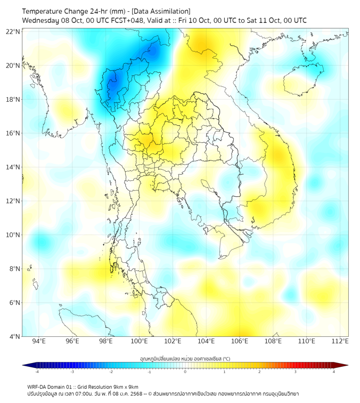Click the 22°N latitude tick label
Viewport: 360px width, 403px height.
[13, 32]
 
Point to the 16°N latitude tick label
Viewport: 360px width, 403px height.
[13, 133]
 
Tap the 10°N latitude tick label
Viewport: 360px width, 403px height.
[13, 235]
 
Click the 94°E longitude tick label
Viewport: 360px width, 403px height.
[39, 342]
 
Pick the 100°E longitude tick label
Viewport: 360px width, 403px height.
[139, 342]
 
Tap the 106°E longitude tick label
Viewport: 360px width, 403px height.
[240, 342]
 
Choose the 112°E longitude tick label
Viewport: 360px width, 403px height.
[340, 342]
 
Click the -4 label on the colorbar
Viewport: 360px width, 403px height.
[36, 372]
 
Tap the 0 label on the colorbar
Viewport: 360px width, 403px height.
[185, 372]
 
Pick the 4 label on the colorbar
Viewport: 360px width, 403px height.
[334, 372]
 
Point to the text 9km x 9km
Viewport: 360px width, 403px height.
[126, 386]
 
